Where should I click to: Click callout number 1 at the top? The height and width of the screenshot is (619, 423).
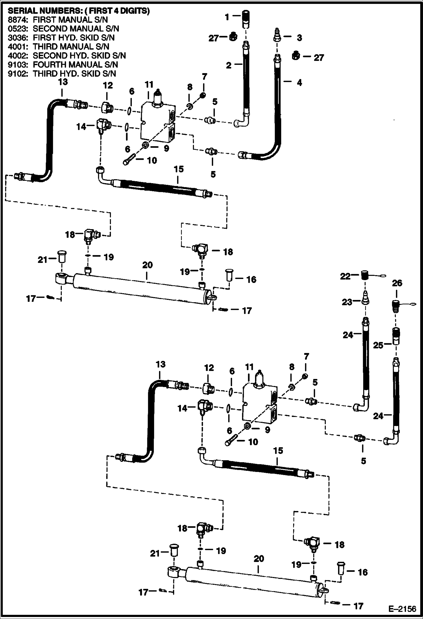coord(227,17)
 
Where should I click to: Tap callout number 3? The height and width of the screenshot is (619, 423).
coord(299,38)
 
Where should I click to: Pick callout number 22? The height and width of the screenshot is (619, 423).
coord(345,276)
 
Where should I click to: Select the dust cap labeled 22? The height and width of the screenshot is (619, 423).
coord(365,275)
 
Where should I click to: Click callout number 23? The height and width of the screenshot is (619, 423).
coord(347,302)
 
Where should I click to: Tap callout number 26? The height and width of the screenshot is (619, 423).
coord(397,283)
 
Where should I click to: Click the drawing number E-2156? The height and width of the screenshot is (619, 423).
coord(402,609)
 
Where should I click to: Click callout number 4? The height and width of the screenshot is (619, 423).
coord(299,83)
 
